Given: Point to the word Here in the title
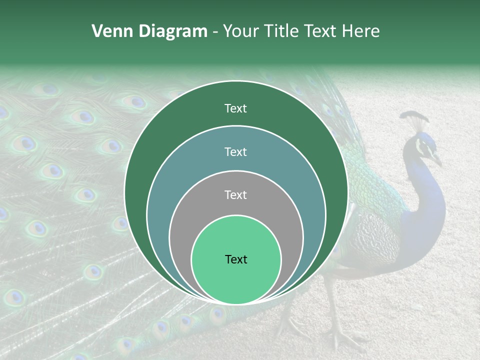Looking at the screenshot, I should pyautogui.click(x=361, y=31).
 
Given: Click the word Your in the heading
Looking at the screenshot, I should pyautogui.click(x=239, y=31).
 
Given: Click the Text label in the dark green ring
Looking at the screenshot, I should pyautogui.click(x=235, y=108).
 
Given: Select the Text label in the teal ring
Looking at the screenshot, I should pyautogui.click(x=235, y=151).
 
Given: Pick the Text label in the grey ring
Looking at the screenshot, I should pyautogui.click(x=235, y=194).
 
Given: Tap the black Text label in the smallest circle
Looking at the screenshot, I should pyautogui.click(x=236, y=259).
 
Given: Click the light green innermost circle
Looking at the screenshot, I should pyautogui.click(x=236, y=280).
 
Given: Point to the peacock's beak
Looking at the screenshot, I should pyautogui.click(x=437, y=161).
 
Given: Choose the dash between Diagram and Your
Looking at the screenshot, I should pyautogui.click(x=214, y=31).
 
